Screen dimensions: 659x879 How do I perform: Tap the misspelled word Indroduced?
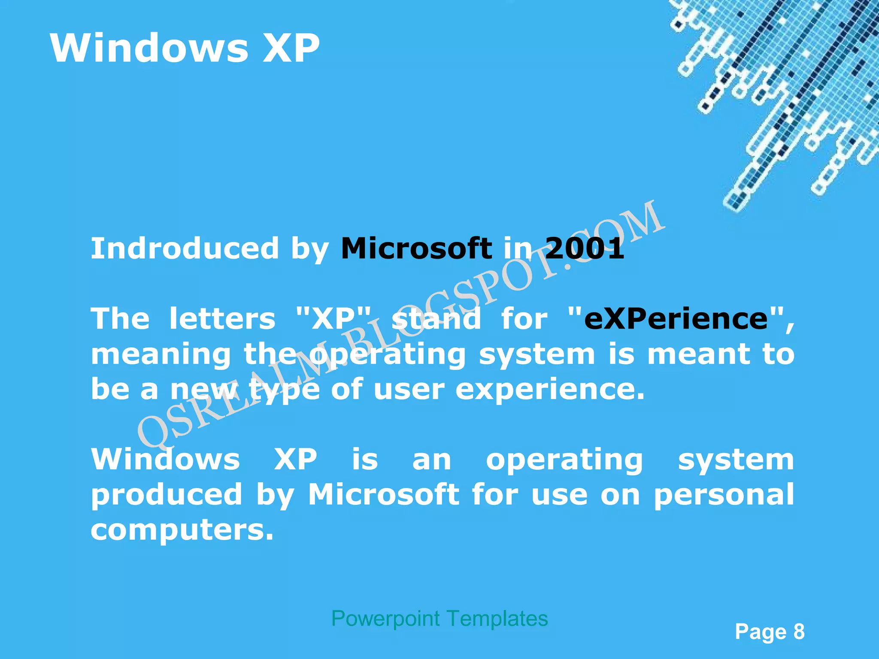[x=185, y=248]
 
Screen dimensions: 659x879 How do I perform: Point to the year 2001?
[x=585, y=248]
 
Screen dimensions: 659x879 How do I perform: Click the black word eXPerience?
[x=676, y=319]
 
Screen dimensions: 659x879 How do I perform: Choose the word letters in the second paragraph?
[x=222, y=319]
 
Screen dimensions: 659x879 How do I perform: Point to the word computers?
[x=182, y=530]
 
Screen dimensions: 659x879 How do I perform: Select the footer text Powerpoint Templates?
[x=439, y=619]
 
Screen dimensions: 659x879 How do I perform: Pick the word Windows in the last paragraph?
[x=166, y=459]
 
